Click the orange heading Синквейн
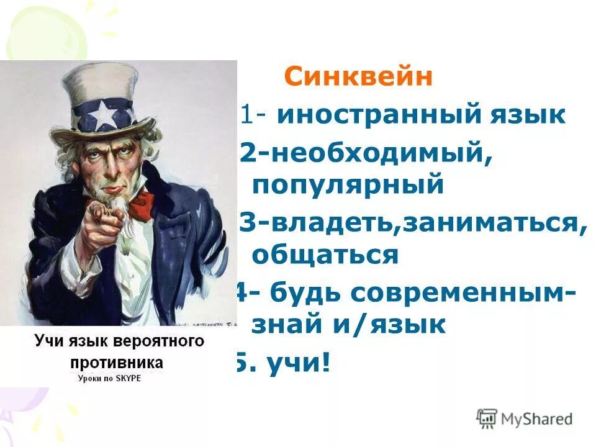click(358, 78)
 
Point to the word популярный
click(348, 184)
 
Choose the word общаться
click(324, 255)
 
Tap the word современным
click(471, 292)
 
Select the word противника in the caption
click(118, 361)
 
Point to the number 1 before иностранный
click(245, 115)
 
